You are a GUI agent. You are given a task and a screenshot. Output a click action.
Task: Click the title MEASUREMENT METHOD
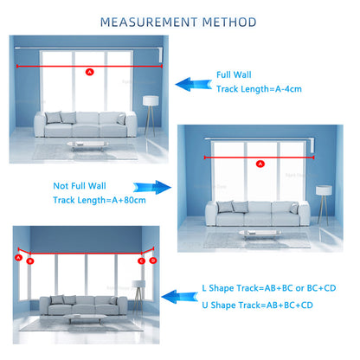pos(179,20)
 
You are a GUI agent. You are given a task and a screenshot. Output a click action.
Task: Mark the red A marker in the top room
pos(88,72)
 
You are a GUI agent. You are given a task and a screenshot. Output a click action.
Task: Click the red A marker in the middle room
pos(260,163)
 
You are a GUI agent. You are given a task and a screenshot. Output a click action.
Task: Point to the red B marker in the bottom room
pos(30,260)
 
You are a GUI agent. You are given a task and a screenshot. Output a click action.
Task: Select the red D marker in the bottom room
pos(153,259)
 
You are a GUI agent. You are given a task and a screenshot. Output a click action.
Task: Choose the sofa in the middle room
pos(250,210)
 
